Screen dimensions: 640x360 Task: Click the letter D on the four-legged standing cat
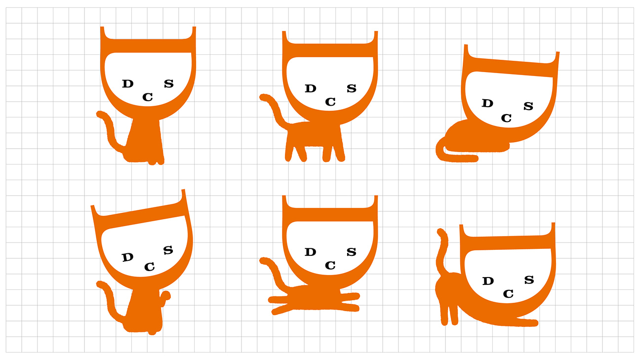point(311,88)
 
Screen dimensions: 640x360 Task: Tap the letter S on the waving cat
point(168,250)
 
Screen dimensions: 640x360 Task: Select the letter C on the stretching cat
point(508,294)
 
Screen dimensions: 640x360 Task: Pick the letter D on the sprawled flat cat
point(310,252)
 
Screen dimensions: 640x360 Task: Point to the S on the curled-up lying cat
point(528,106)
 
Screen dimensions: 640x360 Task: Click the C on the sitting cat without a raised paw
point(148,97)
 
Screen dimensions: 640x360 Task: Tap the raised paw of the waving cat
point(165,296)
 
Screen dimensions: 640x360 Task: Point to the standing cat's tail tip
point(263,97)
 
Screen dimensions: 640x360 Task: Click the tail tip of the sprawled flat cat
point(263,261)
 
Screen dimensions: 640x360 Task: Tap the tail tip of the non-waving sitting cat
point(100,114)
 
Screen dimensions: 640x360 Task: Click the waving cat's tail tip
point(100,284)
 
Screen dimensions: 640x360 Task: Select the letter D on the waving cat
point(127,257)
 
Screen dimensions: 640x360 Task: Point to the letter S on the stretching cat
point(529,280)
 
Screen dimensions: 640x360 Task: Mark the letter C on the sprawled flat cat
point(330,265)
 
